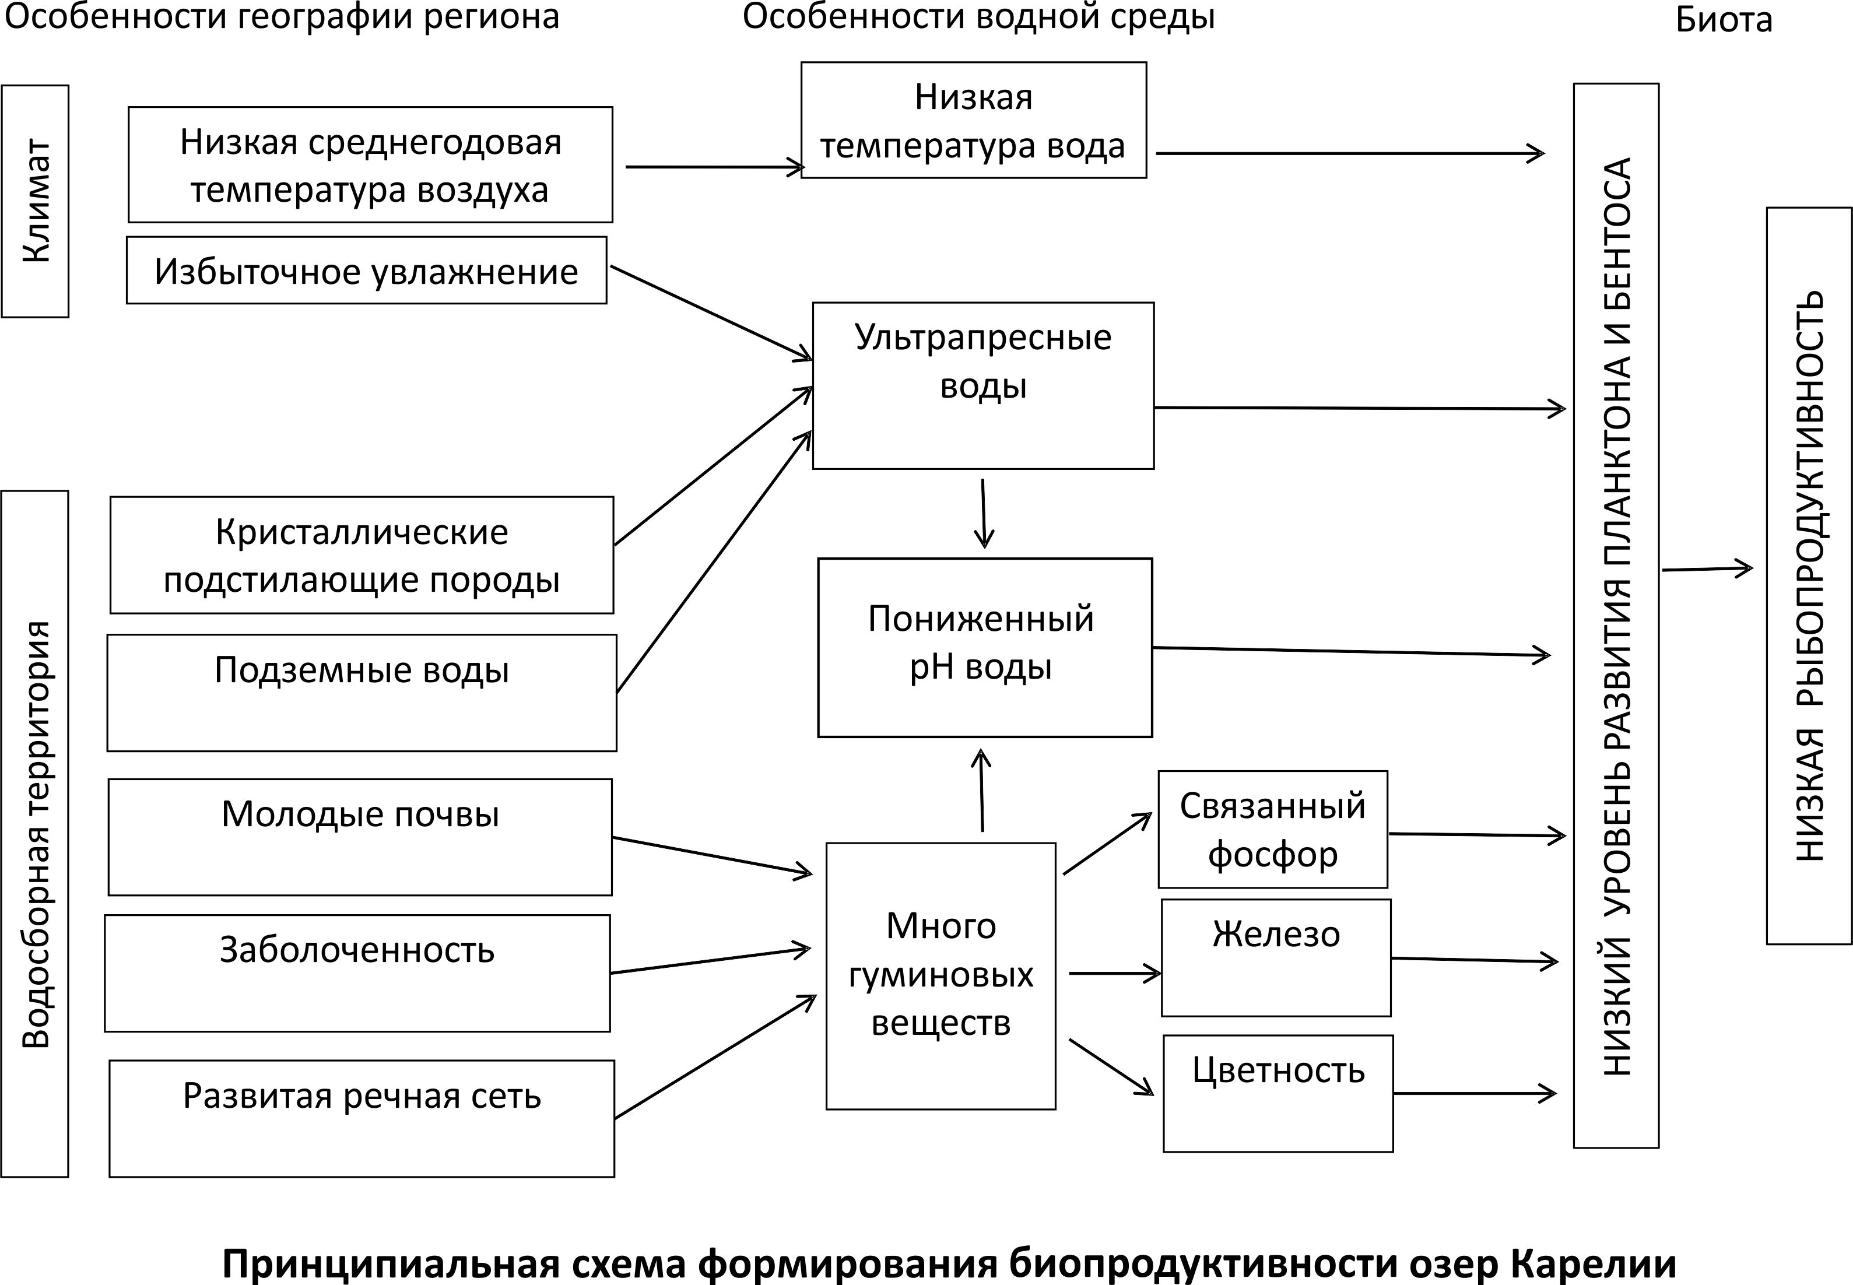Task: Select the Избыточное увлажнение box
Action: tap(366, 271)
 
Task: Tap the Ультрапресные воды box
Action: tap(983, 385)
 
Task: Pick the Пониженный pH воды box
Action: tap(984, 647)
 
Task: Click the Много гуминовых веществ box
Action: tap(940, 976)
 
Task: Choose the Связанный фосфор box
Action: tap(1273, 829)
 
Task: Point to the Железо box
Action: tap(1276, 957)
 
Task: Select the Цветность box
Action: tap(1278, 1093)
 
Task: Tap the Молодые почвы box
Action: tap(360, 837)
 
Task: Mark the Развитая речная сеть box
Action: tap(362, 1118)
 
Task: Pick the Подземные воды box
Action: tap(362, 693)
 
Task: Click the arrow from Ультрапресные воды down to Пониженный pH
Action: tap(983, 514)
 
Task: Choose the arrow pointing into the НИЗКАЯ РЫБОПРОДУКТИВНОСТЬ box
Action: tap(1707, 568)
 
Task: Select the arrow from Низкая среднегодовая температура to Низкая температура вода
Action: tap(715, 167)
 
